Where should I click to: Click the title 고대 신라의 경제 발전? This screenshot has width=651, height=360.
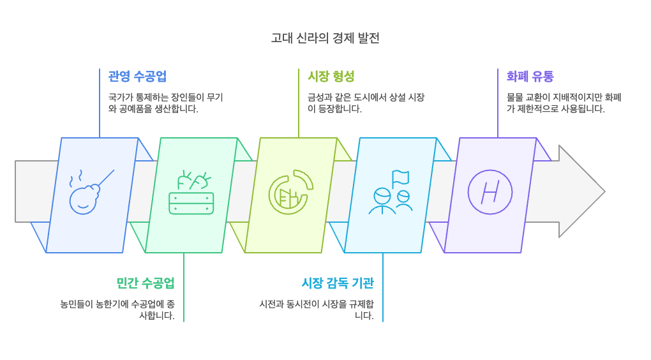325,38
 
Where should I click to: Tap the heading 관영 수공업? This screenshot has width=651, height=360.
137,77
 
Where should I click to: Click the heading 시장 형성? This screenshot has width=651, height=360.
331,77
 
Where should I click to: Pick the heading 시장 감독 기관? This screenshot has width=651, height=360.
337,283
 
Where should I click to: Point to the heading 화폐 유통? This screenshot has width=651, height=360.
530,77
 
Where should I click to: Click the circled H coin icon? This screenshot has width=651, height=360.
490,191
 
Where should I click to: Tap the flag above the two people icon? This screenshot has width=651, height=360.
401,177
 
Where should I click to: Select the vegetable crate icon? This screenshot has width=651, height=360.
191,194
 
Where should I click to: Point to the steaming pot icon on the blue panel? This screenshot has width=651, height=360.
88,191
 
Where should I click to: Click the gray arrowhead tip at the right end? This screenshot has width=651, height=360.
600,191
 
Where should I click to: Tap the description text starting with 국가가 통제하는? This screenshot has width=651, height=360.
165,103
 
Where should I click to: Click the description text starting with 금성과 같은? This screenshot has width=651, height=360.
366,103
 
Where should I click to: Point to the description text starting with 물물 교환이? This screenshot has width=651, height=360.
564,103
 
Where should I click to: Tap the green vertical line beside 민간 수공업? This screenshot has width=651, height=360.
184,287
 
